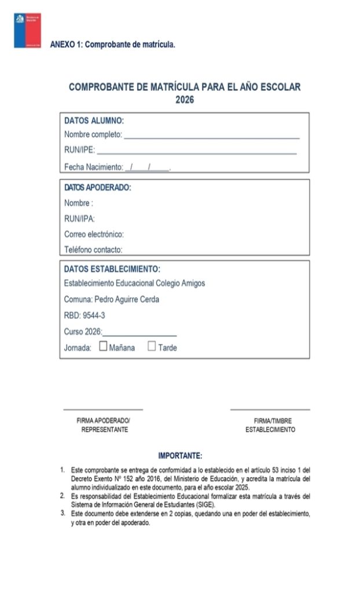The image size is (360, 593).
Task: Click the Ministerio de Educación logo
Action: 27,30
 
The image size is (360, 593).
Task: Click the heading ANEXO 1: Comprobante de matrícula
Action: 112,44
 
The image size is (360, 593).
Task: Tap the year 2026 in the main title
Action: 185,100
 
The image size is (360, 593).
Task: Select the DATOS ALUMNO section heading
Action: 94,121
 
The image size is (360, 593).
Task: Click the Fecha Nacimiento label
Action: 93,167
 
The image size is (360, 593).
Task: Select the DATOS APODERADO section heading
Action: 97,188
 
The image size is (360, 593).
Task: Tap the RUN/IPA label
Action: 79,219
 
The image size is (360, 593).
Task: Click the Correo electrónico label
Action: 94,235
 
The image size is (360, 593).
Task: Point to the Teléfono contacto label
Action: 93,250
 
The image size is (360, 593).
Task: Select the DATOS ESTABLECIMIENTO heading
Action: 112,269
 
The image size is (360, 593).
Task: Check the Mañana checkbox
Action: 103,347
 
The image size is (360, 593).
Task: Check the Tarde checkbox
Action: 152,347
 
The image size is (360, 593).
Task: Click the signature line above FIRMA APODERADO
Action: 103,409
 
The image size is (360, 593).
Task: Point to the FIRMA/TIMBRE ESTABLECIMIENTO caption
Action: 270,426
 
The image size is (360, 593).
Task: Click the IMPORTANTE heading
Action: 180,456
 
